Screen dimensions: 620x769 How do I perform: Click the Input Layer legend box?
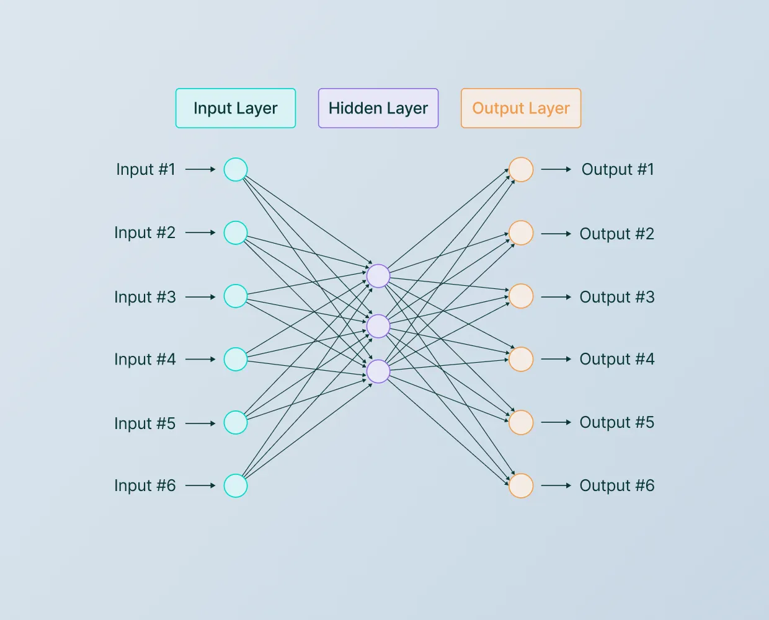coord(236,108)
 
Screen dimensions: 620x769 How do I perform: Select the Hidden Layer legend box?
coord(378,108)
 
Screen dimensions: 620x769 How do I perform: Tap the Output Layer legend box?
coord(521,108)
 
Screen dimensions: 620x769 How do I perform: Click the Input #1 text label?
coord(146,169)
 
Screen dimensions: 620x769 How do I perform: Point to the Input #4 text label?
coord(145,359)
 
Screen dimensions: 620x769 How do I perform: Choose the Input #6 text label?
coord(145,485)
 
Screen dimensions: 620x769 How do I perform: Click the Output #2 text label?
coord(617,234)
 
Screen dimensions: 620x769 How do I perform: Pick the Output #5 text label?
coord(617,422)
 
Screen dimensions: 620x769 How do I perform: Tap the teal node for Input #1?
coord(236,169)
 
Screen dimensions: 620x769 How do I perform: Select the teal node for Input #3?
coord(236,296)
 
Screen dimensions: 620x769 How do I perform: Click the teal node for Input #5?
coord(236,422)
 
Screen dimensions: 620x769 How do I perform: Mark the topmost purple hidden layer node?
coord(378,276)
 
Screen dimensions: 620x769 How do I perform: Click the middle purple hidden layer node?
coord(378,326)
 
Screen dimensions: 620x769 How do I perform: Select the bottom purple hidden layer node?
coord(378,371)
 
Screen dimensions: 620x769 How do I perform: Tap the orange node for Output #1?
coord(521,169)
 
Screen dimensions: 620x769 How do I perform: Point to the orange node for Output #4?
coord(521,359)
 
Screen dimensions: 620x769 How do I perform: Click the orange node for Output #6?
coord(521,485)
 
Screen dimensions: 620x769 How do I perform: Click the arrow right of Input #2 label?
coord(200,232)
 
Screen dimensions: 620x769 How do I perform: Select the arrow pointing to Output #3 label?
coord(556,297)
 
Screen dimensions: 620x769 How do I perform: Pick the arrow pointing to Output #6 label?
coord(556,485)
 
